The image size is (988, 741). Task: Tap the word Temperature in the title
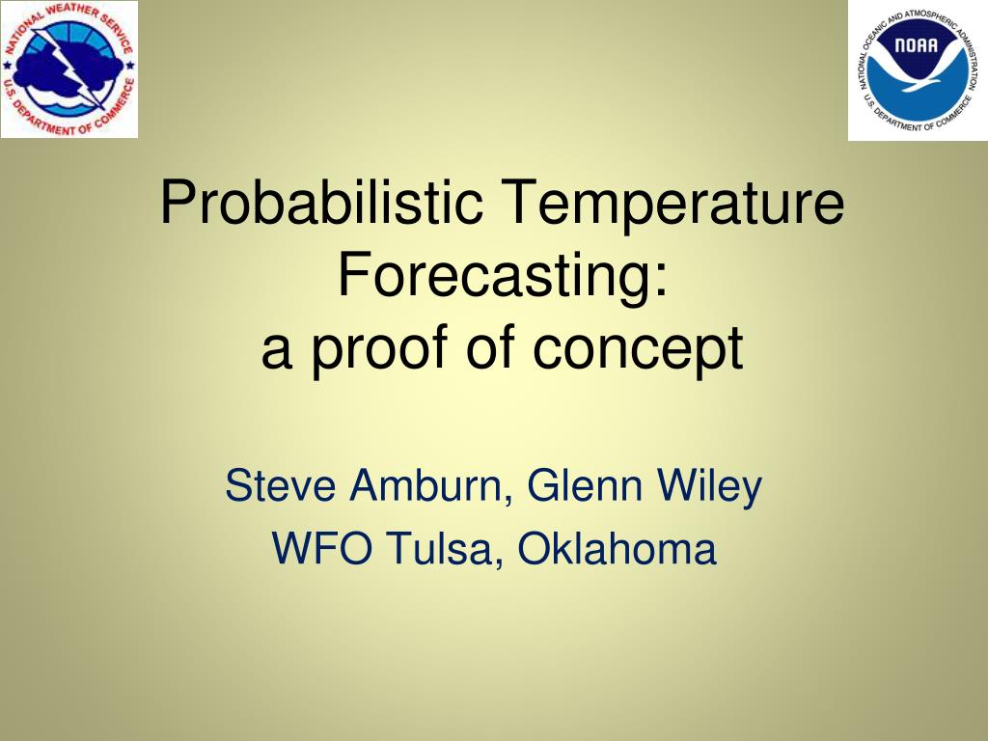(672, 203)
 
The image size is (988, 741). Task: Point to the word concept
(638, 351)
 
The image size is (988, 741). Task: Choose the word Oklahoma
(617, 548)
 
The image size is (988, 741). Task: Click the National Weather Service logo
(69, 69)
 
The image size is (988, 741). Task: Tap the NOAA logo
(919, 69)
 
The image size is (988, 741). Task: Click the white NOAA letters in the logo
(917, 45)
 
